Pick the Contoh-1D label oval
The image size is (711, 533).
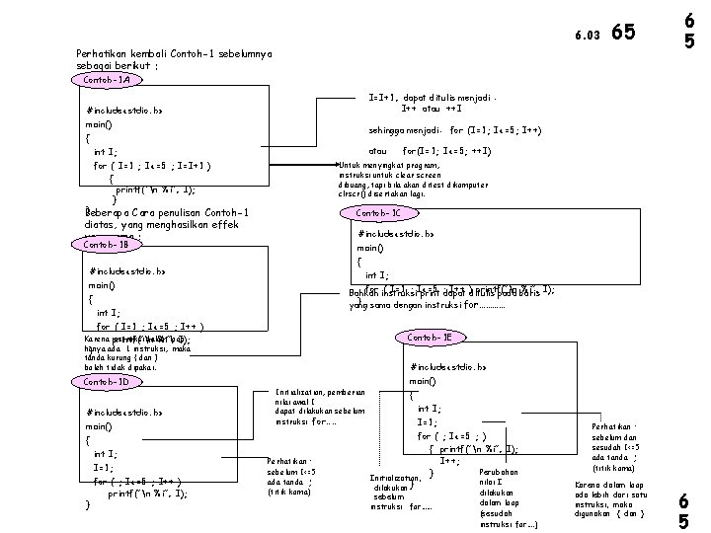click(x=108, y=381)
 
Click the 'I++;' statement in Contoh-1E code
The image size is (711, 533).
click(x=450, y=461)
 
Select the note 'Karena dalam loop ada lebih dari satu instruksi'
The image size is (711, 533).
click(x=611, y=499)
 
